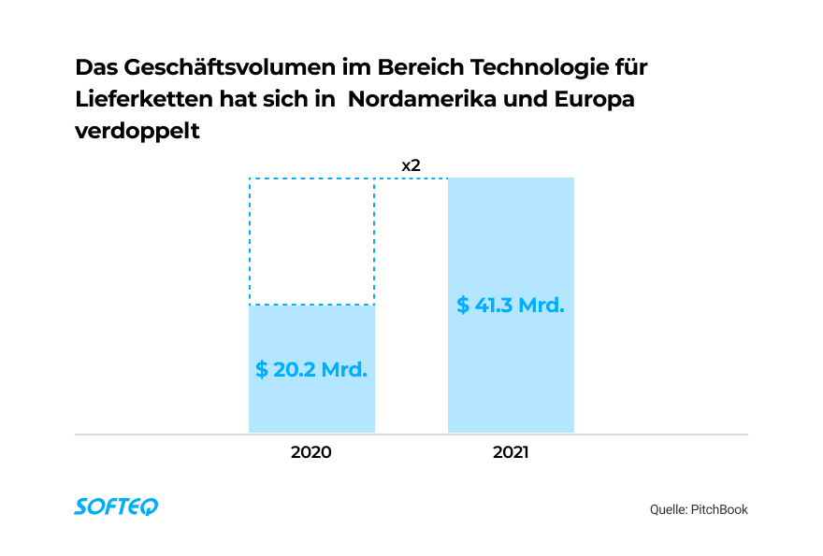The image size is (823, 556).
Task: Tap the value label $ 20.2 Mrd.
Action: coord(311,369)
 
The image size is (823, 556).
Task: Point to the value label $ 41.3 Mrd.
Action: coord(511,306)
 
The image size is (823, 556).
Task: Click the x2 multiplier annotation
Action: coord(411,165)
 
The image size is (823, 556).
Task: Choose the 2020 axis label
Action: coord(311,452)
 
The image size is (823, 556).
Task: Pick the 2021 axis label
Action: coord(511,452)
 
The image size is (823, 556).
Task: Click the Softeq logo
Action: coord(116,506)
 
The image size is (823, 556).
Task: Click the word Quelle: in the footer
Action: coord(668,509)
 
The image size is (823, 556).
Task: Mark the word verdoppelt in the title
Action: coord(137,132)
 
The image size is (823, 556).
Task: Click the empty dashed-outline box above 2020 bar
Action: coord(311,241)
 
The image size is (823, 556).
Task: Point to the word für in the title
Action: coord(631,68)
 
